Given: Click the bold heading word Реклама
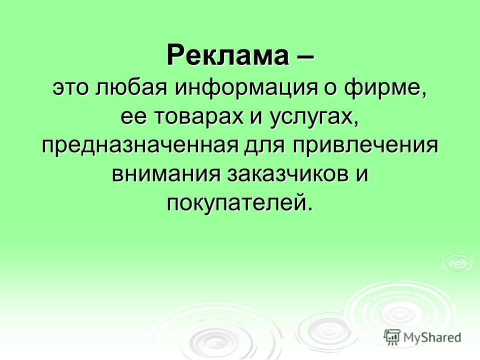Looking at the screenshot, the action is tap(227, 55).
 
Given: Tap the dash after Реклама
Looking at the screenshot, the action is tap(305, 56).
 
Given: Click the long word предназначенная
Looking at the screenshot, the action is tap(140, 147).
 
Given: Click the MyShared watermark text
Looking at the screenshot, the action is tap(432, 337).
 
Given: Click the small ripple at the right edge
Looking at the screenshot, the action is tap(459, 262).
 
